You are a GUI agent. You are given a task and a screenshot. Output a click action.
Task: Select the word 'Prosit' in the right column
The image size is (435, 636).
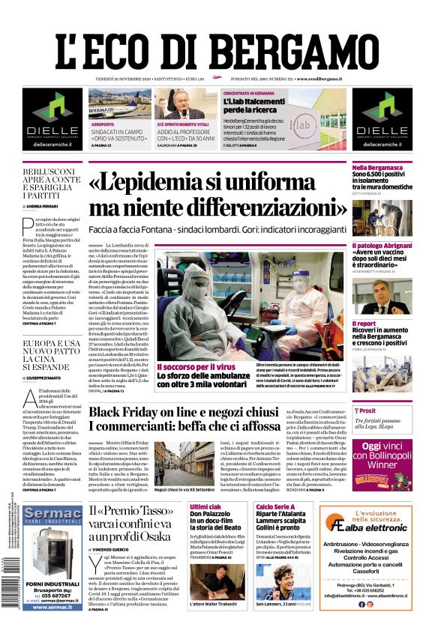click(367, 411)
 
